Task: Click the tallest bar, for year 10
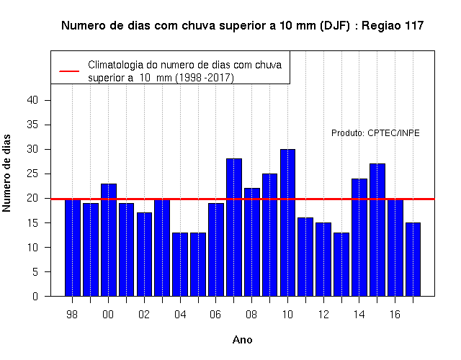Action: point(287,222)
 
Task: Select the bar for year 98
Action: point(72,248)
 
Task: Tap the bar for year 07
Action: point(234,228)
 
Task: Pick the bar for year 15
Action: point(377,230)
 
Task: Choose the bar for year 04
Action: point(180,264)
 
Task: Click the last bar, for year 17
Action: point(413,259)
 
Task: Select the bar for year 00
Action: point(109,240)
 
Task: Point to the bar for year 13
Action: point(341,264)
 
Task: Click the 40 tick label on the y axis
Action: point(32,100)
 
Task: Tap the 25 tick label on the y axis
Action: point(32,174)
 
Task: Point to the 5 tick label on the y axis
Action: point(35,272)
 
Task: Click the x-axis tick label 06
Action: point(215,315)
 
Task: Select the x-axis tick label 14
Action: point(359,315)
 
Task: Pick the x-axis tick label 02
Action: point(144,315)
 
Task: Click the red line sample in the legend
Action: point(69,71)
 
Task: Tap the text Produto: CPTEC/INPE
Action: point(375,133)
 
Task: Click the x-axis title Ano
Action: point(243,340)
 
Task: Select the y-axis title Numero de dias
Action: point(6,174)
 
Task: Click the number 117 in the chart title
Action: point(414,26)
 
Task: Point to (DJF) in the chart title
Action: point(335,26)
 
